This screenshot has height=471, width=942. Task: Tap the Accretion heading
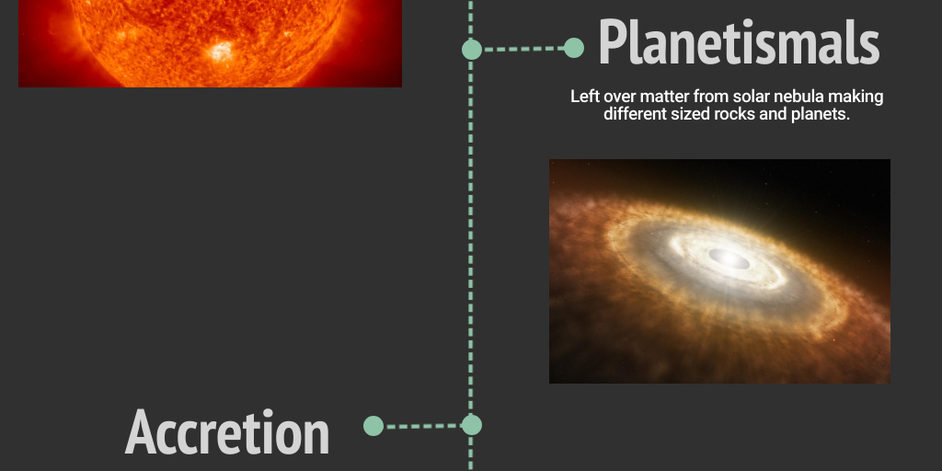(227, 432)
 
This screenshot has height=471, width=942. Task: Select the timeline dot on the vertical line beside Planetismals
(472, 49)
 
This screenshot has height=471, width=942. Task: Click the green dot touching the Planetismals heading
(574, 48)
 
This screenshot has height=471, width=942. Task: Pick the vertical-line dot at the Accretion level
(472, 425)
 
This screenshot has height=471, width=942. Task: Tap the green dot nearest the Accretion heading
(373, 426)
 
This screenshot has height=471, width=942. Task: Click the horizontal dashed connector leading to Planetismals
(523, 49)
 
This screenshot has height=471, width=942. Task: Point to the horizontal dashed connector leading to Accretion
(422, 426)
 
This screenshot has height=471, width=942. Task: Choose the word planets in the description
(816, 114)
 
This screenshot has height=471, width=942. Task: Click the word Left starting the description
(585, 97)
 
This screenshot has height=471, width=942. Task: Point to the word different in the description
(637, 114)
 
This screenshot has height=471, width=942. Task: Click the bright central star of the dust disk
(729, 259)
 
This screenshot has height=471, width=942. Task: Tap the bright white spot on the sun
(221, 52)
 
